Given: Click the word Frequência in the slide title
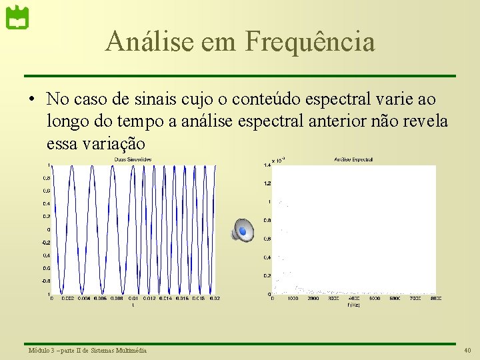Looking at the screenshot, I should point(310,41).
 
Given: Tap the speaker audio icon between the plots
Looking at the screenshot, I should point(243,230).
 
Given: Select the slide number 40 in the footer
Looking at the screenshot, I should point(467,351).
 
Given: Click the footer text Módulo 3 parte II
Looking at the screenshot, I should point(87,351).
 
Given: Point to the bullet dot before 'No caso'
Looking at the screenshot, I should point(31,100).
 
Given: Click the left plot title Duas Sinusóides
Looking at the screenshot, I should point(133,159).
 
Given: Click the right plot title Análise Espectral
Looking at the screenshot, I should point(353,159).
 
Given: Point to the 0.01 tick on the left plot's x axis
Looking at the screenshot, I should point(133,299).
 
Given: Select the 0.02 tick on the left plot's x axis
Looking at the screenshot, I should point(213,299).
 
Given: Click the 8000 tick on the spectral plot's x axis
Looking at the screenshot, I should point(436,299).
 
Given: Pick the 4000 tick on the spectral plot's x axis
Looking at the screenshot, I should point(353,299).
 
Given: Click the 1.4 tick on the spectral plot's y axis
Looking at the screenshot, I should point(267,164).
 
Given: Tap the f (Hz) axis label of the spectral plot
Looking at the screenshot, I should point(353,305).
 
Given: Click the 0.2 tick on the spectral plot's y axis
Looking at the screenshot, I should point(267,276).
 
